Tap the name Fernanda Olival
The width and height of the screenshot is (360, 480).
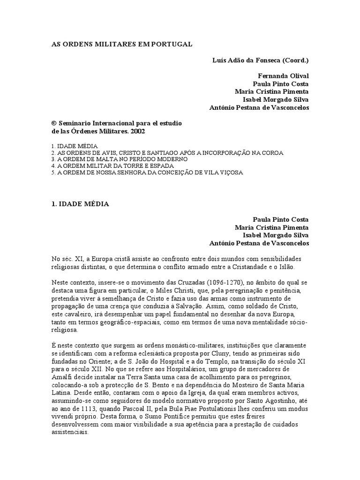pyautogui.click(x=284, y=76)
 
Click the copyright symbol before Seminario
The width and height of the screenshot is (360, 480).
pyautogui.click(x=53, y=123)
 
